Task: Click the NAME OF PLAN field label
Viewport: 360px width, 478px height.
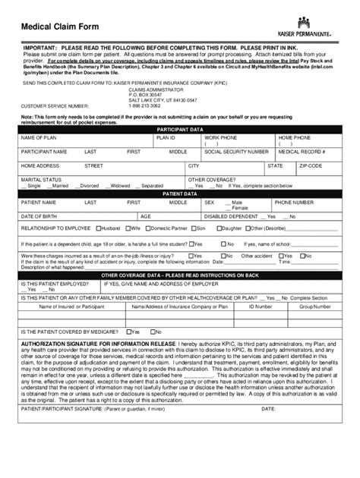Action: click(x=39, y=138)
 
